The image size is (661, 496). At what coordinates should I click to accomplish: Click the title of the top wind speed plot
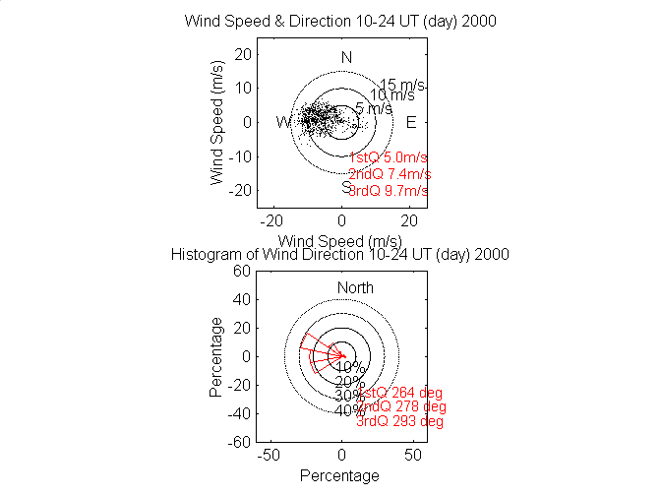[340, 22]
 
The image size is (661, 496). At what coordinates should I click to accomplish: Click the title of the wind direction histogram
[340, 254]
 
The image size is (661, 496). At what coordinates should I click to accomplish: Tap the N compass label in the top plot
[346, 58]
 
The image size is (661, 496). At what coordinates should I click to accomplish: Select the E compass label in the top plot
[411, 122]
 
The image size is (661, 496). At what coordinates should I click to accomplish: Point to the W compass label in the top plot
[283, 122]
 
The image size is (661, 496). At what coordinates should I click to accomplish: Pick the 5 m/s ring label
[374, 108]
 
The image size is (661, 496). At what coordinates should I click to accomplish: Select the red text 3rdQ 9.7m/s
[390, 190]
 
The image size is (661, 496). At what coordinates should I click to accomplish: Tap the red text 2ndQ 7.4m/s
[390, 174]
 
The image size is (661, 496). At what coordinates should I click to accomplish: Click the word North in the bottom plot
[356, 287]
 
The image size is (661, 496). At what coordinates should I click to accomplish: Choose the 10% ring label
[350, 367]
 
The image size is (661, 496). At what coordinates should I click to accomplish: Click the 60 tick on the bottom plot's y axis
[238, 272]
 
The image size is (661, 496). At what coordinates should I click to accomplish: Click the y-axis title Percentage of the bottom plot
[215, 356]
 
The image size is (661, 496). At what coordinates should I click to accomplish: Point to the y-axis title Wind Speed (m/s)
[217, 123]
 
